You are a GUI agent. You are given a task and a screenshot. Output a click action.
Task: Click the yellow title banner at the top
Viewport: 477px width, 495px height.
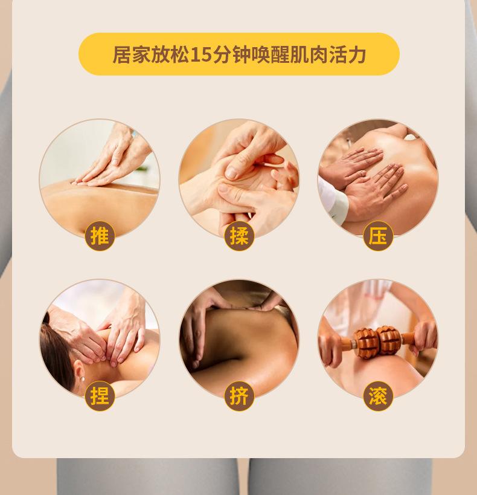238,54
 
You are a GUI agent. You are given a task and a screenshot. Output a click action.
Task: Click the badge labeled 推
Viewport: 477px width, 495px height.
100,236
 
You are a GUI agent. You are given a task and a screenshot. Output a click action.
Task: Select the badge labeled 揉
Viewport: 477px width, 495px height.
239,236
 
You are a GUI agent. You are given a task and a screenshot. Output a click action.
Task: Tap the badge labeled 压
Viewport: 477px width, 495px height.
378,236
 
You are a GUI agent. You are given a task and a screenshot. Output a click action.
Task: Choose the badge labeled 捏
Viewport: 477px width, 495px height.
100,396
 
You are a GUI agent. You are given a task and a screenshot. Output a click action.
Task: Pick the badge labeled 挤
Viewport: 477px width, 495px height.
239,396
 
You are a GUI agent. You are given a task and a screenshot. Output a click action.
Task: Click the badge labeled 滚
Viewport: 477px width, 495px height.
378,396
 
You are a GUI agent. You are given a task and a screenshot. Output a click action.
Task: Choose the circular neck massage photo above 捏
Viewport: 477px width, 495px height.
100,335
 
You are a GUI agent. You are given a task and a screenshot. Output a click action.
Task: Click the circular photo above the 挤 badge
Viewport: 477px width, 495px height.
239,335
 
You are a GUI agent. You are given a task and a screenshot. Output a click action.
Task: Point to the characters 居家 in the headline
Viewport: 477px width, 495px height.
131,54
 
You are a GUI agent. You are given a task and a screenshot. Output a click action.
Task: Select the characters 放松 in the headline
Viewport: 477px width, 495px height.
170,54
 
